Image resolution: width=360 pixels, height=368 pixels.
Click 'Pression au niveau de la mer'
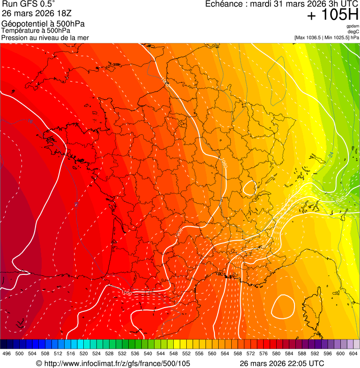[45, 37]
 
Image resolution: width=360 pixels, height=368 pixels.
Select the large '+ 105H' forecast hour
[332, 15]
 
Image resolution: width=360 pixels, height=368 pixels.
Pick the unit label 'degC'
[354, 31]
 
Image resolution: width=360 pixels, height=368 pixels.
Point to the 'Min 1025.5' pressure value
[337, 37]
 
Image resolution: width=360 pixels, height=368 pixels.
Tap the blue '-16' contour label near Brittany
[29, 122]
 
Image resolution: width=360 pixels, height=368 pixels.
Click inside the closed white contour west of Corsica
[283, 306]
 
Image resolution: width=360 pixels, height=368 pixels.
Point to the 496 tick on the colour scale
[7, 353]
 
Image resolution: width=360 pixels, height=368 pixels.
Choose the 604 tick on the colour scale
[353, 353]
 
